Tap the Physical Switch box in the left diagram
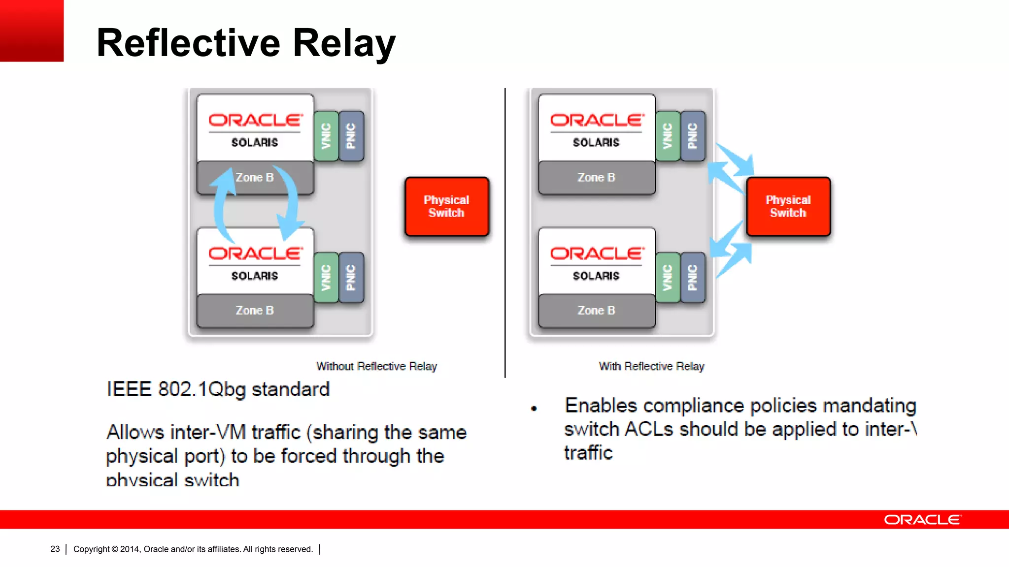click(x=446, y=206)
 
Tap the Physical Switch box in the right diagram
click(x=788, y=206)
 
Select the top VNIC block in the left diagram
click(x=326, y=136)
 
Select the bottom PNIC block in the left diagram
click(x=351, y=278)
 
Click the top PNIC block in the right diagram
click(x=692, y=136)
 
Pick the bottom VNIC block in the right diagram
click(x=668, y=278)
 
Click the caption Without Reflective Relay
click(x=376, y=366)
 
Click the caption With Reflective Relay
click(x=651, y=366)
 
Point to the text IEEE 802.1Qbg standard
click(x=218, y=389)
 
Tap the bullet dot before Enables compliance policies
click(x=534, y=409)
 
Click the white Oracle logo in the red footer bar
click(x=922, y=520)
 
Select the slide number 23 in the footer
click(x=55, y=549)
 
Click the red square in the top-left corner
click(x=32, y=31)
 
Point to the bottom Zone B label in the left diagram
click(x=255, y=311)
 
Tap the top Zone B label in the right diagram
click(x=596, y=178)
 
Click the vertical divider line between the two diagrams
click(x=505, y=231)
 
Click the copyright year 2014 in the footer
click(x=130, y=549)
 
